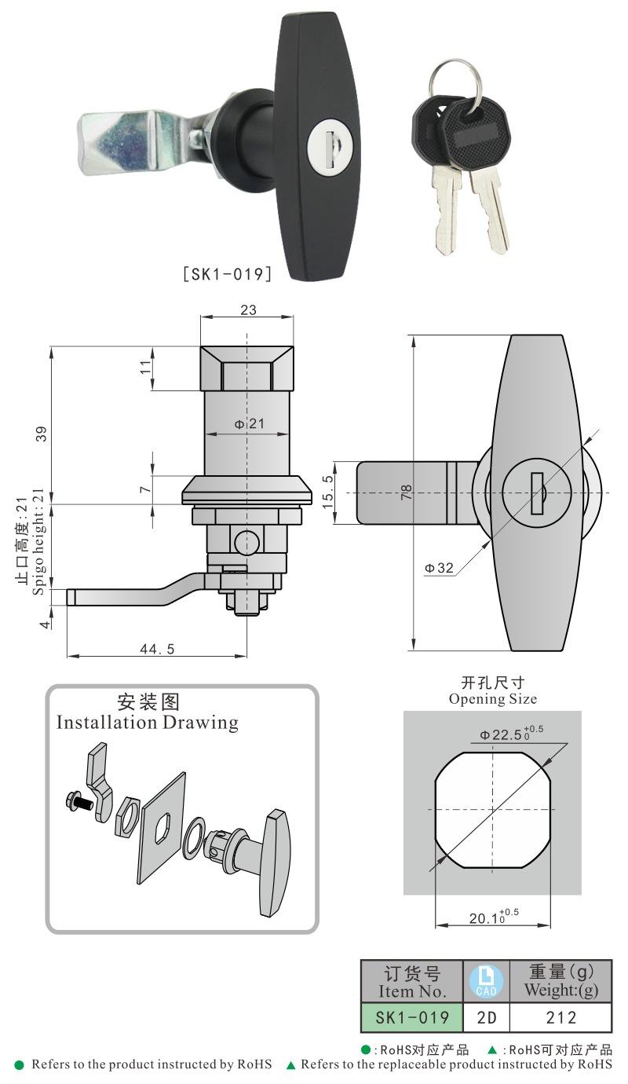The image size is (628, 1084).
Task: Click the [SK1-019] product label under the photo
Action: tap(227, 274)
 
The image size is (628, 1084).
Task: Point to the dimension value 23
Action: tap(247, 310)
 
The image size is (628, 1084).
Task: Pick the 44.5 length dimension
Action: tap(156, 649)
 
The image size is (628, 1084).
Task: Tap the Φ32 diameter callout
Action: tap(440, 568)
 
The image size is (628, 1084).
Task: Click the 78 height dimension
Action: tap(407, 493)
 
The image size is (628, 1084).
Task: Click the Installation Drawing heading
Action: tap(147, 722)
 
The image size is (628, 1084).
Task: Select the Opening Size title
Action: tap(493, 698)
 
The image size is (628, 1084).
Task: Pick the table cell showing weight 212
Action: tap(560, 1018)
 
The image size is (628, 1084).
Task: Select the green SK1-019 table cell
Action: tap(412, 1018)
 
